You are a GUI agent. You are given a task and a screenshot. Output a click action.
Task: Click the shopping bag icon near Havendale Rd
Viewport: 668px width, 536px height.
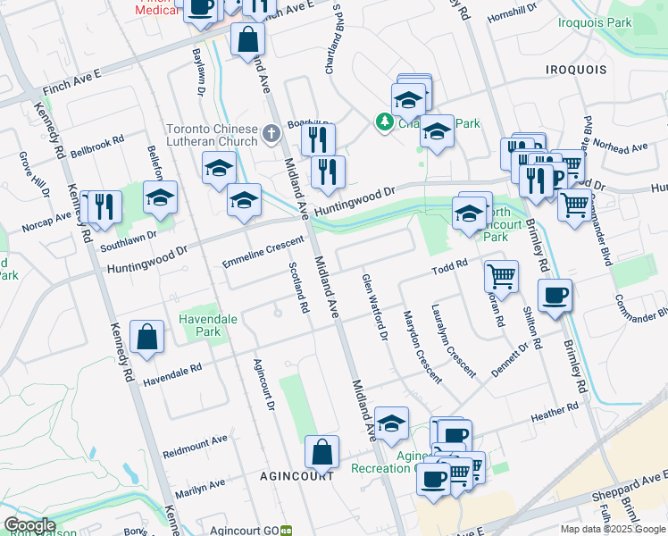146,339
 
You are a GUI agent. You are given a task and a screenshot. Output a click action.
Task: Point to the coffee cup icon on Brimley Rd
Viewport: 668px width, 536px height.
555,295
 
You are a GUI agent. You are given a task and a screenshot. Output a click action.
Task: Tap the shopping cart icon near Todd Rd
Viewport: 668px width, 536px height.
502,276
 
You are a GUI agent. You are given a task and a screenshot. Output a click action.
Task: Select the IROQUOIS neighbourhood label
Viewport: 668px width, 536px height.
576,69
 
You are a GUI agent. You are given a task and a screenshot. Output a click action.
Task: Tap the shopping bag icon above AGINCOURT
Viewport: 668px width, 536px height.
321,453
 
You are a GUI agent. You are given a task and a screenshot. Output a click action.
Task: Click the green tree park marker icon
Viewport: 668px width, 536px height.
385,121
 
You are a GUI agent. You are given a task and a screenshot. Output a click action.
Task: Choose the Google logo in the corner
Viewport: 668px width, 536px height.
29,525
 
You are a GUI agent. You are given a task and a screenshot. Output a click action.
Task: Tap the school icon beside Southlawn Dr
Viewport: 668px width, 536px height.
161,198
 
